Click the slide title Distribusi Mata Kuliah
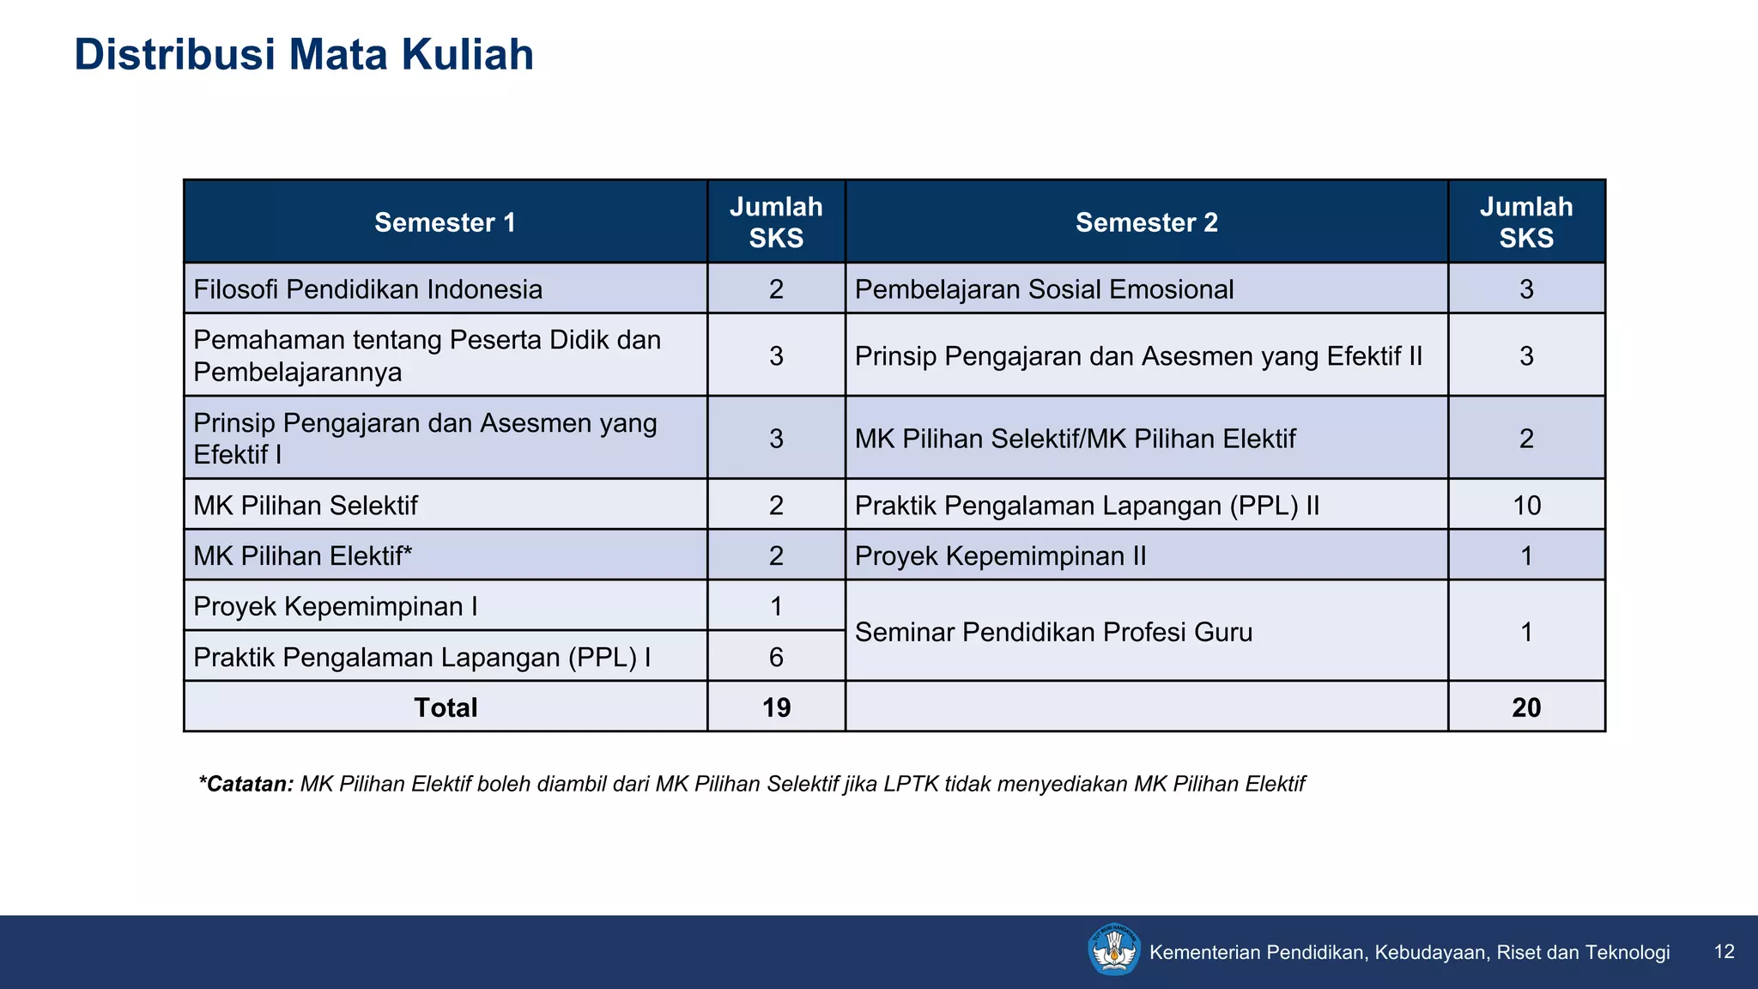(x=304, y=55)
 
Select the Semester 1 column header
(x=445, y=222)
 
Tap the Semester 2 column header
(x=1146, y=222)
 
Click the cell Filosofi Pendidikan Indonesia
(x=367, y=289)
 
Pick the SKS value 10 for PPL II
(x=1526, y=506)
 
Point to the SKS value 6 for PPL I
(x=776, y=658)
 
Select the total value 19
(x=776, y=707)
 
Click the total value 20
(x=1526, y=707)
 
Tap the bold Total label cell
(x=445, y=707)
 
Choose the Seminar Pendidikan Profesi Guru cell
(x=1053, y=633)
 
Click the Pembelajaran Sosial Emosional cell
(x=1044, y=289)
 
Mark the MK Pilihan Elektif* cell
(x=302, y=556)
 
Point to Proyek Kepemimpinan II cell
(x=1000, y=556)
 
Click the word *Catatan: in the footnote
(x=246, y=784)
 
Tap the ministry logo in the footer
(x=1113, y=950)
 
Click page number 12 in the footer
(x=1724, y=951)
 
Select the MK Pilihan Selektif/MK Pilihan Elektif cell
(x=1075, y=439)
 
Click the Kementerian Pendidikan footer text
(x=1409, y=952)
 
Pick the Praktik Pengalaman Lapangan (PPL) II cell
(x=1087, y=506)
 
